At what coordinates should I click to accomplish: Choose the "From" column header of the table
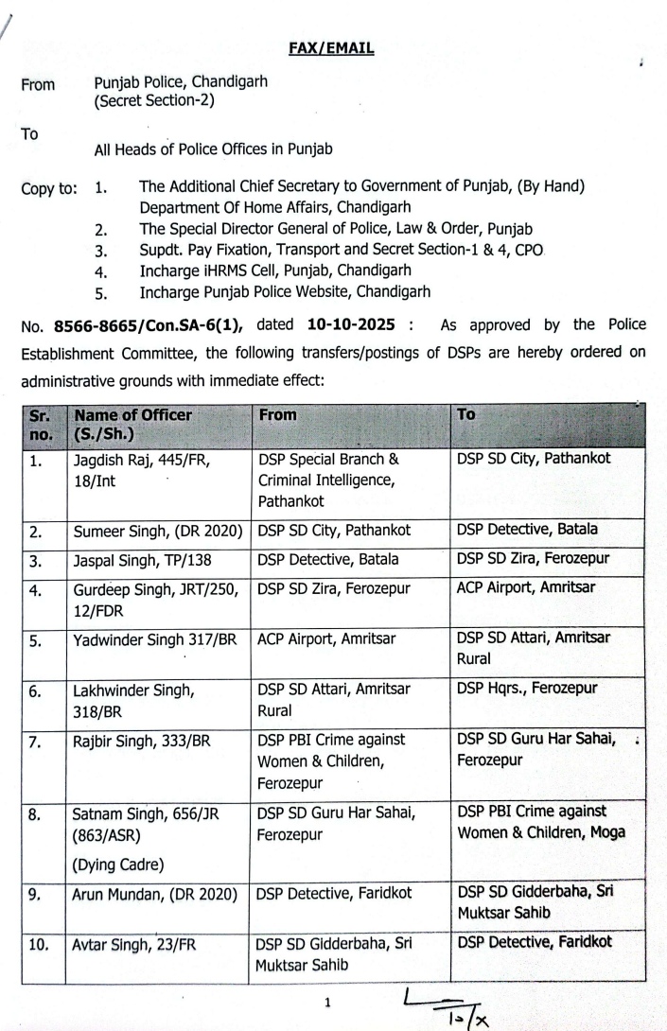pos(277,415)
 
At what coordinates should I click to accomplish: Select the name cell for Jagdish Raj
pos(141,468)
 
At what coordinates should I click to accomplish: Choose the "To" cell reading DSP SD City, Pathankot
pos(534,459)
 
